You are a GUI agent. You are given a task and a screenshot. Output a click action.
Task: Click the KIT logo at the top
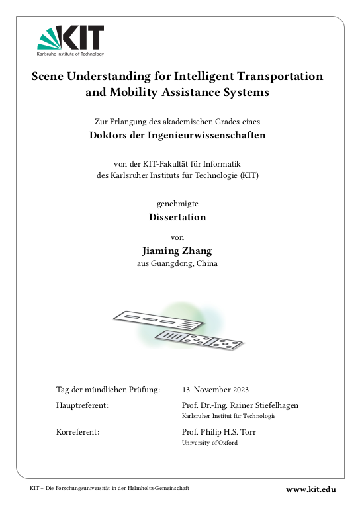coord(71,39)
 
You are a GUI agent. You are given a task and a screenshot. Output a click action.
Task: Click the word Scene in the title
coord(50,76)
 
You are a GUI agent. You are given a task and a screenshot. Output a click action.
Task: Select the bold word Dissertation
coord(177,217)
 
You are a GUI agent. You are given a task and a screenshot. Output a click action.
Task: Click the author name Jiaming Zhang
coord(177,251)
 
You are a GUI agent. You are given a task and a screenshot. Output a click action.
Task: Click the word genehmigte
coord(177,204)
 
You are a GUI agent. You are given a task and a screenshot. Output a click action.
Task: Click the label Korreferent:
coord(78,432)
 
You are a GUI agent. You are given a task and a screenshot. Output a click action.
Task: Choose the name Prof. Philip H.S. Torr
coord(218,432)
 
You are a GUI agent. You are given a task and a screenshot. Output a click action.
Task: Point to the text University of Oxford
coord(209,443)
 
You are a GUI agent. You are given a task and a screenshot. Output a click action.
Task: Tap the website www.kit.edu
coord(311,489)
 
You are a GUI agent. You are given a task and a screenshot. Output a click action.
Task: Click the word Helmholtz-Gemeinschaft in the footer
coord(160,488)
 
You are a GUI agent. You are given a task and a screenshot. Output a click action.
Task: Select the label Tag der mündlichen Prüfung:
coord(109,390)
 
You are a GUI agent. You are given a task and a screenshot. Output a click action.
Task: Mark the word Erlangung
coord(128,121)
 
